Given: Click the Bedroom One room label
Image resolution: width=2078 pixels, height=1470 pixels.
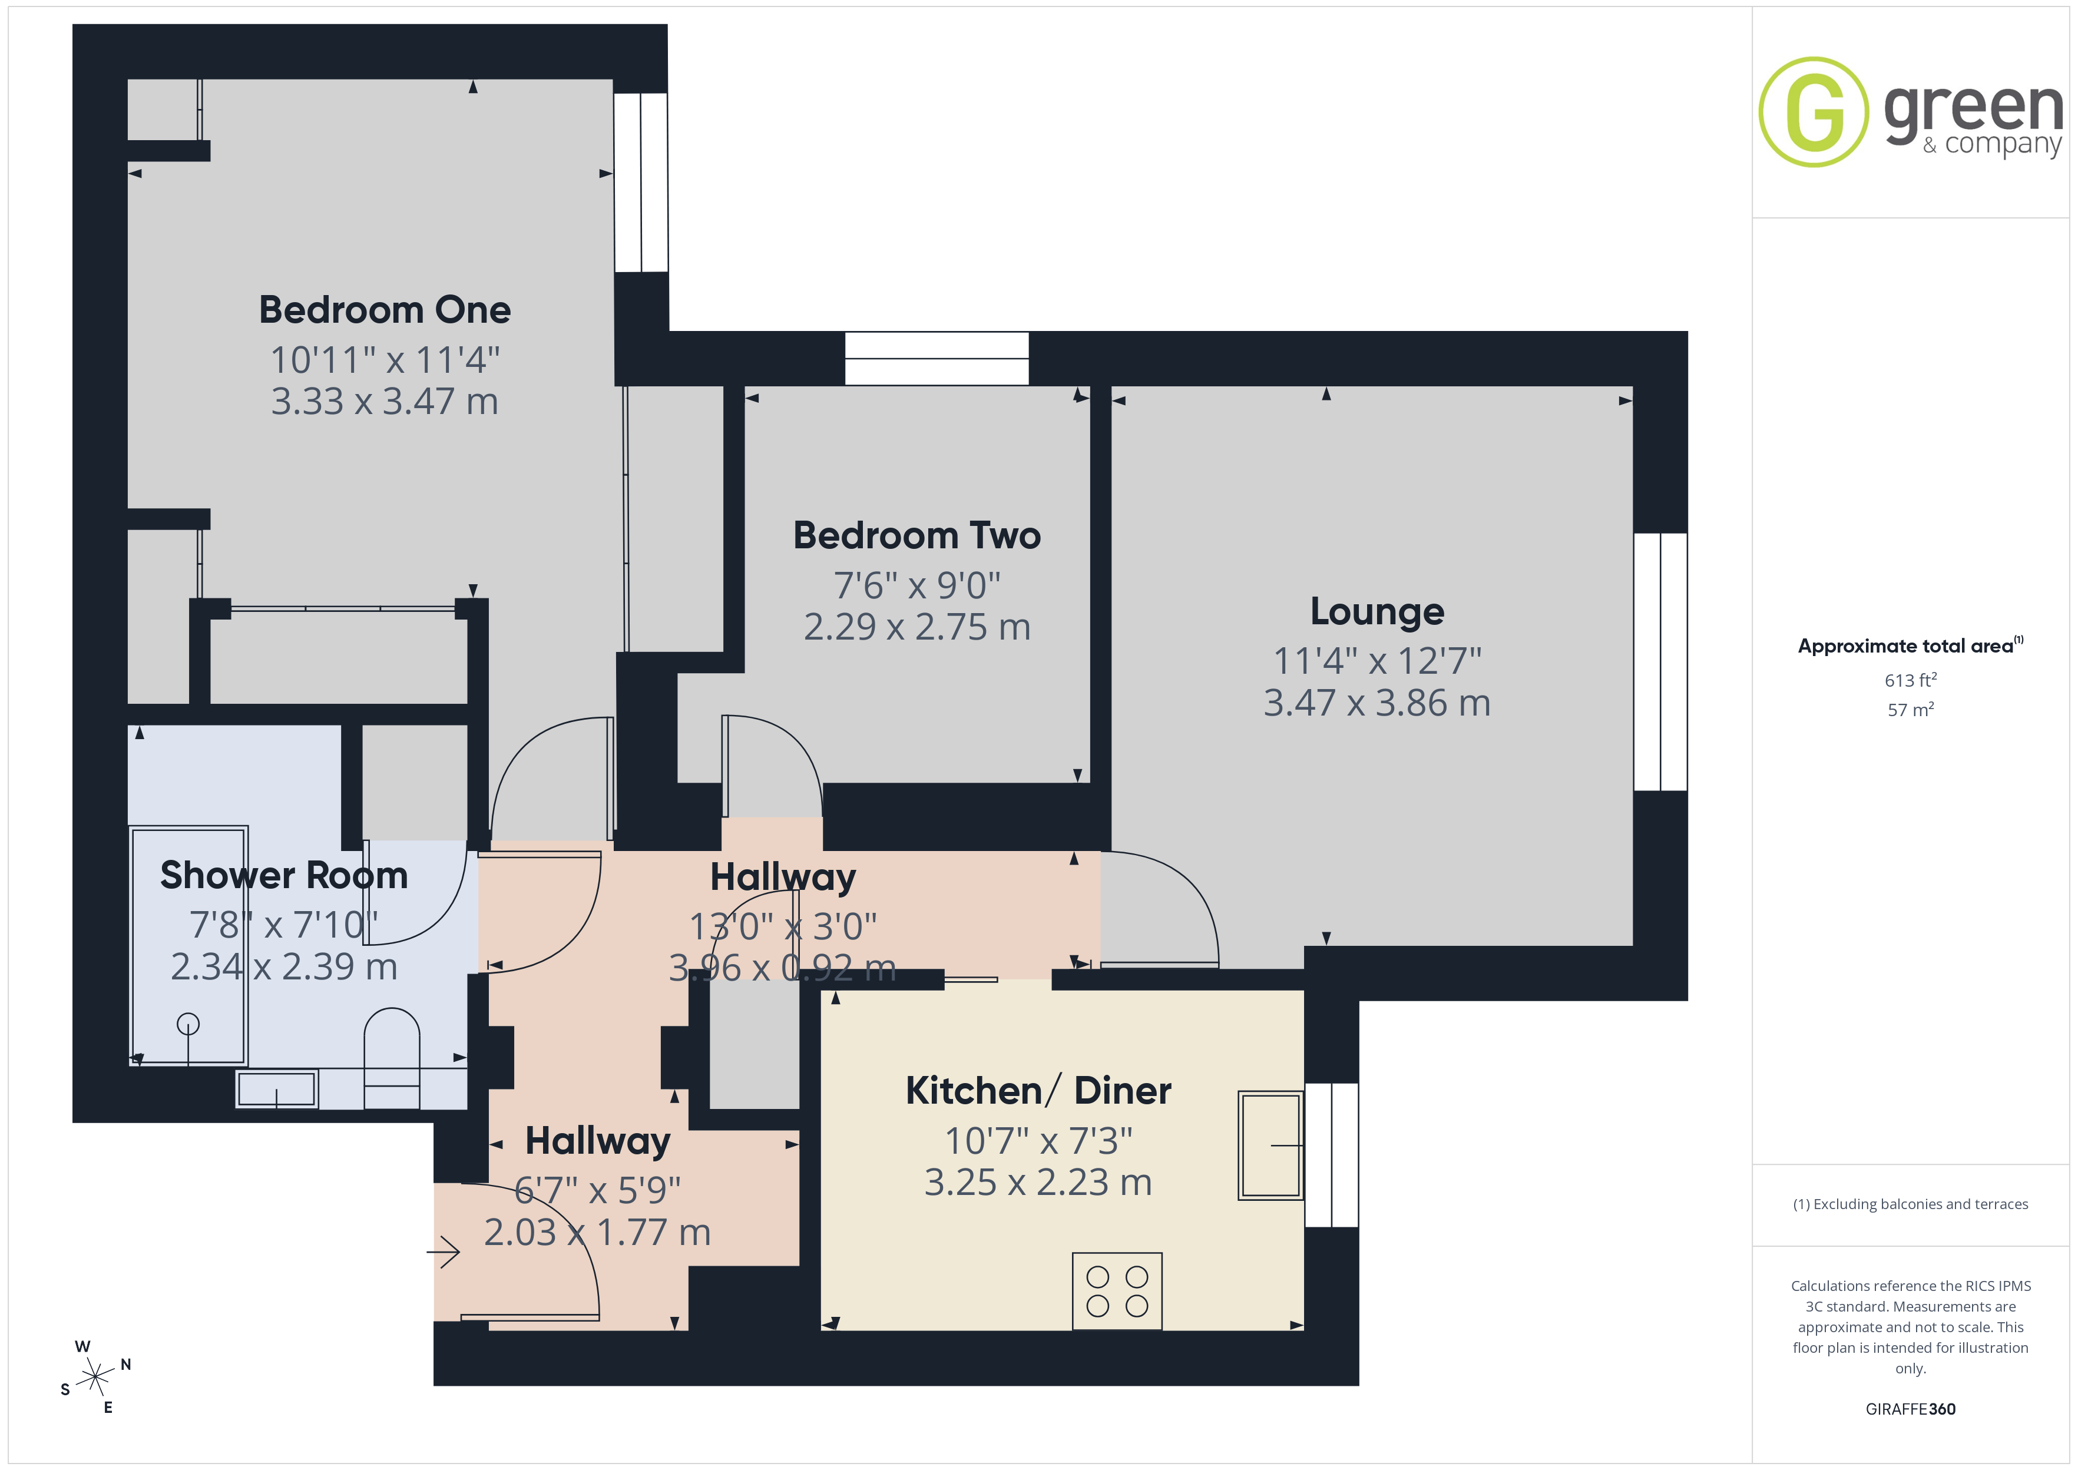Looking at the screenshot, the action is click(x=385, y=310).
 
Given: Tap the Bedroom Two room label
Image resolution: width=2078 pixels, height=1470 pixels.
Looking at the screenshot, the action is click(x=917, y=535).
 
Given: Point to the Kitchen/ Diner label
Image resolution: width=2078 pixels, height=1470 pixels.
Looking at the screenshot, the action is click(x=1038, y=1091).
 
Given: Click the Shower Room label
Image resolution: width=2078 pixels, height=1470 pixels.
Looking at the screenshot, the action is click(x=284, y=875).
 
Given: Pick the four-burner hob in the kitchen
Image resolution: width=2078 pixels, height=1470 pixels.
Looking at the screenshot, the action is click(x=1117, y=1291).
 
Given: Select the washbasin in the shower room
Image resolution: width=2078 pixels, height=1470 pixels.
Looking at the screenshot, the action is click(x=277, y=1089).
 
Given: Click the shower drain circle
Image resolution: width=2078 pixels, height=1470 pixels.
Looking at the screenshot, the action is click(x=188, y=1024).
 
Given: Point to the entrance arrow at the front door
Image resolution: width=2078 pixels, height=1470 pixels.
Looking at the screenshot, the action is click(x=444, y=1253).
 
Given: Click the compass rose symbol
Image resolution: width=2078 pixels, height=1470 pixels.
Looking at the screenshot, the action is click(x=95, y=1378).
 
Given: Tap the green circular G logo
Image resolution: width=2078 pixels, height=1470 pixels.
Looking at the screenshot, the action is click(x=1813, y=112).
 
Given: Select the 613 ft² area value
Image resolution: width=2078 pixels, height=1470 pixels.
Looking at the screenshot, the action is click(x=1911, y=680).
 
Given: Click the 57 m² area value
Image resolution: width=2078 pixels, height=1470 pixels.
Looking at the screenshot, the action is click(x=1911, y=710).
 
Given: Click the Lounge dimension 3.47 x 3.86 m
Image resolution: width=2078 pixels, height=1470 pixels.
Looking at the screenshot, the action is click(x=1376, y=703).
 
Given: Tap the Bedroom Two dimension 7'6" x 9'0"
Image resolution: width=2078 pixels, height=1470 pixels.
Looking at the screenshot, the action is click(x=917, y=585).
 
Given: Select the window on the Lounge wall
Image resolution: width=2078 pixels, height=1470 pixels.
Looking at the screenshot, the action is click(x=1661, y=662).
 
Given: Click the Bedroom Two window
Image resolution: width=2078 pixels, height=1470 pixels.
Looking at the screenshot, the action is click(x=937, y=359).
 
